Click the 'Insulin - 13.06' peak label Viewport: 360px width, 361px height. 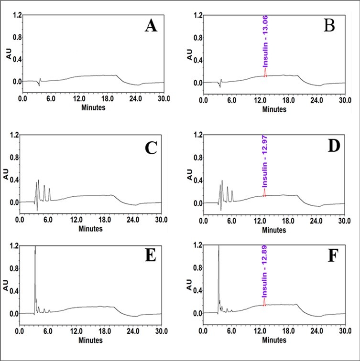(x=264, y=45)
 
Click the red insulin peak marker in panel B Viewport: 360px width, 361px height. (x=265, y=72)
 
